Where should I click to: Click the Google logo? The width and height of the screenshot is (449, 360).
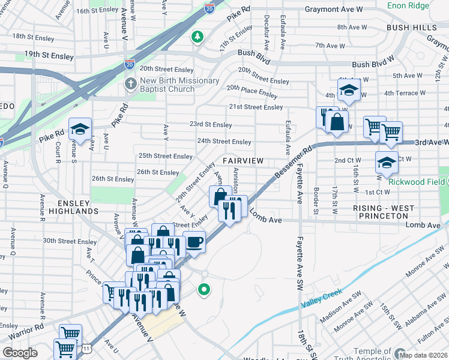coord(20,353)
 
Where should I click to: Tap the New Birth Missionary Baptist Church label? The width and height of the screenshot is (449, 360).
coord(171,85)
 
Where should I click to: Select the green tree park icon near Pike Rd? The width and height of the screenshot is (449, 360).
coord(197,38)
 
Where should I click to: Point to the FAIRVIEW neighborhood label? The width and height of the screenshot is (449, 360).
coord(243,161)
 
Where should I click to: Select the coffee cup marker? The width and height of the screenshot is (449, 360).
coord(193,242)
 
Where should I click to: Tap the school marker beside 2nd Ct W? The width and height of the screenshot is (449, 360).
coord(387,161)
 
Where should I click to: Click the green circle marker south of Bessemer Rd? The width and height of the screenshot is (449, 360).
coord(204,290)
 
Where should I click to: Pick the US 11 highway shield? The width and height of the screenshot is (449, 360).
coord(88,347)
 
